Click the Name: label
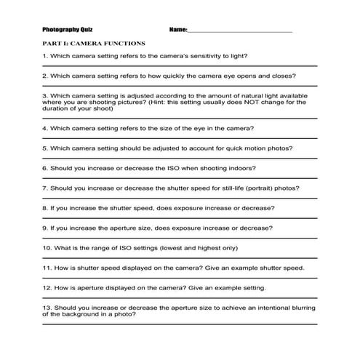coord(177,30)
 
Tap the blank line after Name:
coord(240,31)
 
